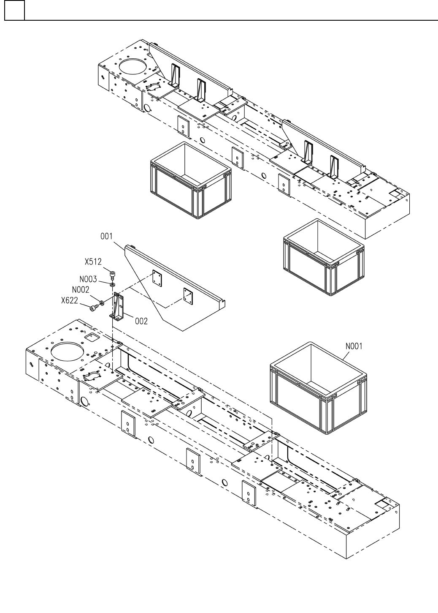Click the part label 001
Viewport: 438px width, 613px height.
pos(106,237)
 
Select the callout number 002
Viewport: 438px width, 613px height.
pos(141,321)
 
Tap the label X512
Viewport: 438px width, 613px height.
pos(93,262)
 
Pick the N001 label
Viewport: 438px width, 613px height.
pos(354,346)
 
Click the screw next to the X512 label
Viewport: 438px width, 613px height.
pos(113,275)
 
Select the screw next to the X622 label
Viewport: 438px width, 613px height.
pos(92,308)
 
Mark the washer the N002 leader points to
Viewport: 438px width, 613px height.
pos(101,303)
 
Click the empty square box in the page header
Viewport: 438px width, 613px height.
pos(14,10)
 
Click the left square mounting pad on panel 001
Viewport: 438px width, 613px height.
pos(157,278)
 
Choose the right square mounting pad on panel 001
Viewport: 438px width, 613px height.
pos(188,295)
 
